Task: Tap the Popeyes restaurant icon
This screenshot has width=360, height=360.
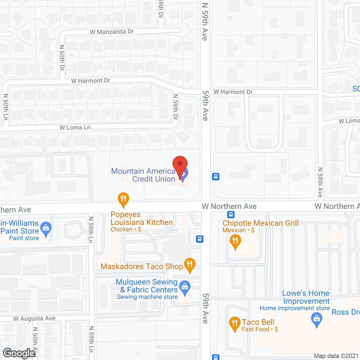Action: click(x=123, y=199)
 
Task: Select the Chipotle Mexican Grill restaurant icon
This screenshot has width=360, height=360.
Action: click(x=235, y=241)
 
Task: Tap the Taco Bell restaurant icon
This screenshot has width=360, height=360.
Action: click(x=235, y=324)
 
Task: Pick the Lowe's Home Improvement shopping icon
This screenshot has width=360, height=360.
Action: click(x=317, y=320)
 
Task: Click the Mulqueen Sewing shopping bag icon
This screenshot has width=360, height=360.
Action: click(x=185, y=287)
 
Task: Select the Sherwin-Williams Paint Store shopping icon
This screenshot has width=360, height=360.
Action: click(x=46, y=229)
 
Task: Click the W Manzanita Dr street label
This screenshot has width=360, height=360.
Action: click(x=112, y=32)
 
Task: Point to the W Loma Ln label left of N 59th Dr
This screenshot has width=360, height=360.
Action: click(x=75, y=127)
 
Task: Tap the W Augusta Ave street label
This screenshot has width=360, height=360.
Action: click(x=34, y=319)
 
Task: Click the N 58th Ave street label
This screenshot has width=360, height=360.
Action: click(x=320, y=182)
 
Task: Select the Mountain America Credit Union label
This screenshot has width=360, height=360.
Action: click(x=143, y=175)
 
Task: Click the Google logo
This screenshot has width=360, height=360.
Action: click(x=19, y=353)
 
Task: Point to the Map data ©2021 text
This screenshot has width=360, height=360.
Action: click(x=336, y=356)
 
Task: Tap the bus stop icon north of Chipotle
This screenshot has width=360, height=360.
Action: click(x=231, y=215)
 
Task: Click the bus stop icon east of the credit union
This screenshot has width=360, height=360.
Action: click(x=216, y=177)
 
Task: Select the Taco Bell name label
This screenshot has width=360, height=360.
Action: click(x=258, y=322)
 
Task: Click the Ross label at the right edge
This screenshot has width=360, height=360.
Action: click(x=346, y=312)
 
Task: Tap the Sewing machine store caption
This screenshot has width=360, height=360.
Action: click(x=147, y=297)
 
